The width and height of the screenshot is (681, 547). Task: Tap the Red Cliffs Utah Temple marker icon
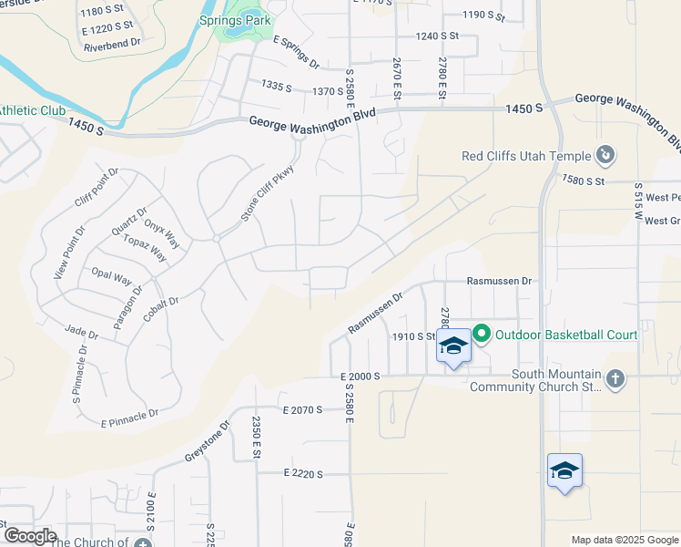(x=605, y=156)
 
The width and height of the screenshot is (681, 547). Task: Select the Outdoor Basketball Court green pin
(x=482, y=335)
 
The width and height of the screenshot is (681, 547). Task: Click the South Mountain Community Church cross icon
(x=615, y=379)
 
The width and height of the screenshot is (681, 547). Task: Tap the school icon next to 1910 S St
(x=453, y=346)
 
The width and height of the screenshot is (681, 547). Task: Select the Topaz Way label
(x=146, y=247)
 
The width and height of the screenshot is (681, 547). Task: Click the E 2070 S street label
(x=303, y=410)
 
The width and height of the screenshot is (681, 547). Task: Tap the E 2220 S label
(x=304, y=473)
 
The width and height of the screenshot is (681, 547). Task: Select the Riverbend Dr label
(x=111, y=42)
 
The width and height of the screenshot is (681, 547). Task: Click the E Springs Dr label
(x=296, y=52)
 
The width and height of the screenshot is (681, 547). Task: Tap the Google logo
(x=30, y=536)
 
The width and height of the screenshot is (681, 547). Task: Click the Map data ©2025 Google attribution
(x=624, y=540)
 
